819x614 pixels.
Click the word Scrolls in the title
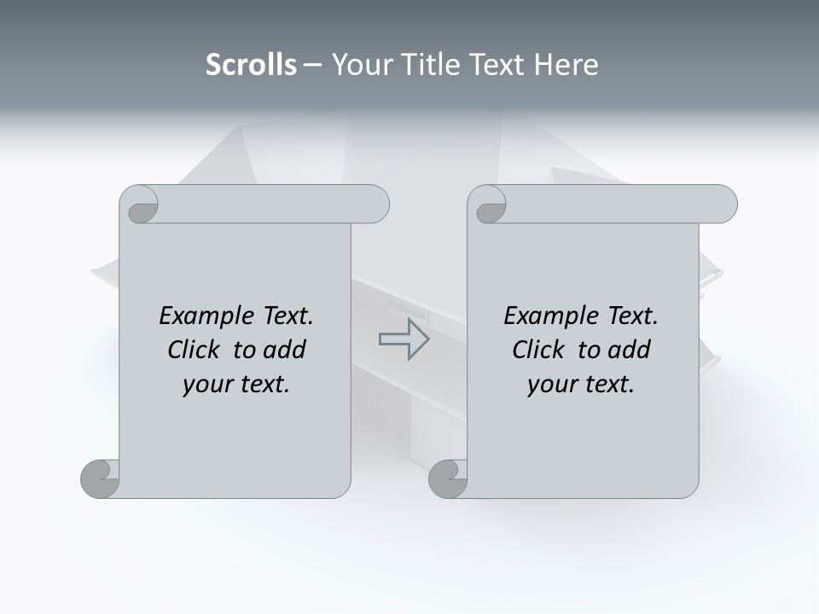pyautogui.click(x=251, y=65)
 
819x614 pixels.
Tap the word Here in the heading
pyautogui.click(x=566, y=65)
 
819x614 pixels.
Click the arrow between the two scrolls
pyautogui.click(x=404, y=339)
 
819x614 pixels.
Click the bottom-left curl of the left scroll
pyautogui.click(x=100, y=478)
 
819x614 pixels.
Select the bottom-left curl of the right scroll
pyautogui.click(x=448, y=478)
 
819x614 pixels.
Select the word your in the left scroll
pyautogui.click(x=206, y=385)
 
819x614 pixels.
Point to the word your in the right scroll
pyautogui.click(x=550, y=385)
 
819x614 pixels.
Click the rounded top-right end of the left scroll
pyautogui.click(x=375, y=205)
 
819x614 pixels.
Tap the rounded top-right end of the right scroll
pyautogui.click(x=723, y=205)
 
